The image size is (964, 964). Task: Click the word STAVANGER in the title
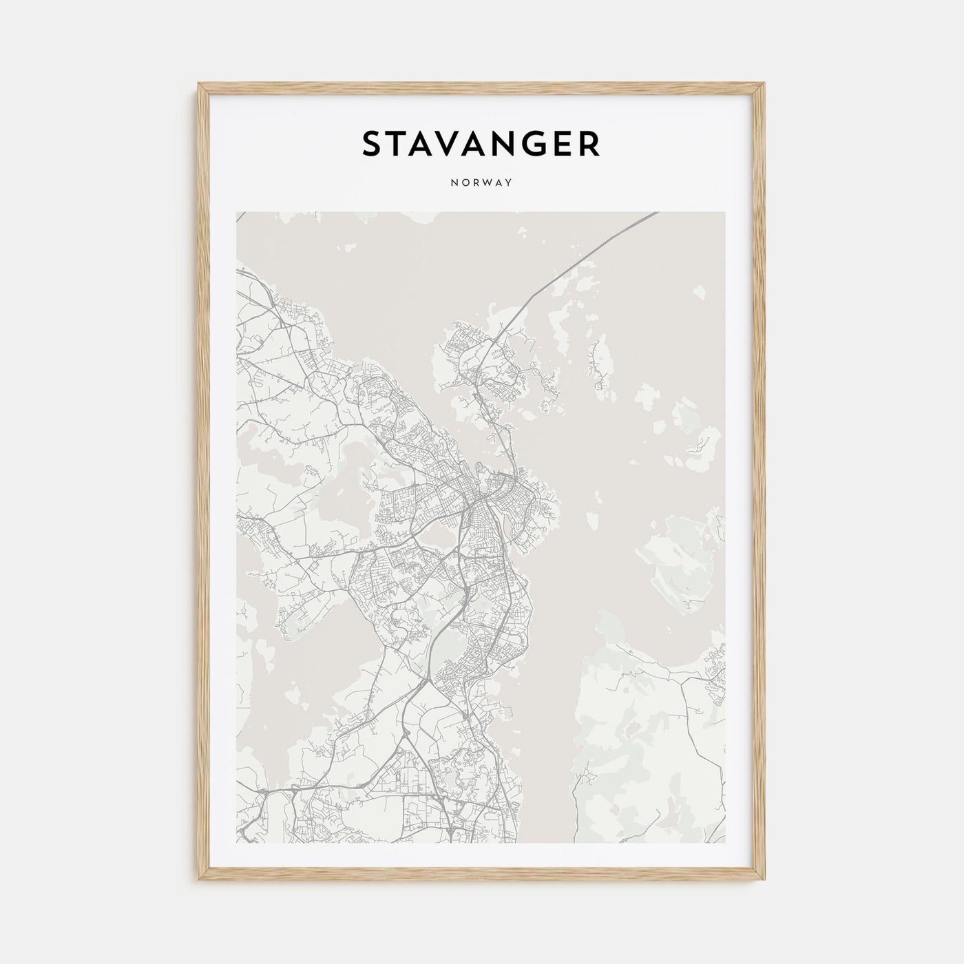coord(481,144)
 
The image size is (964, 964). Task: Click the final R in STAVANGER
coord(589,144)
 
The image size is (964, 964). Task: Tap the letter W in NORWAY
coord(490,183)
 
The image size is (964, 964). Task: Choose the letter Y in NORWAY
coord(509,183)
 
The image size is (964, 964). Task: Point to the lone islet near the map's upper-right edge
coord(700,293)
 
